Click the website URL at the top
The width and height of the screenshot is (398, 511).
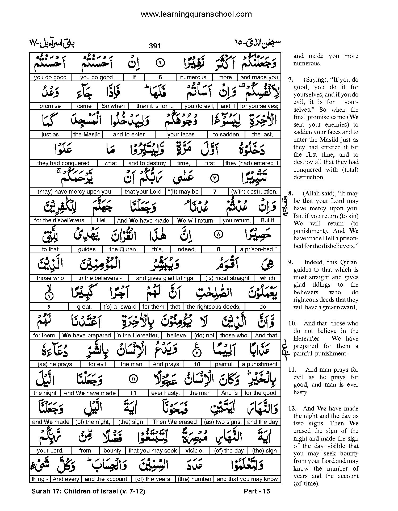(196, 14)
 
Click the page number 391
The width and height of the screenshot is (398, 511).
(154, 46)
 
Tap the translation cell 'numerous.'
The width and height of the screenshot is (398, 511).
(194, 77)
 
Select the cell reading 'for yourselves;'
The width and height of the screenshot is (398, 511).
(259, 106)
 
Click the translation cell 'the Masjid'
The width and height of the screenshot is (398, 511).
(87, 135)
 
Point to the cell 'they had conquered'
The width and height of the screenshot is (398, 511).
(63, 163)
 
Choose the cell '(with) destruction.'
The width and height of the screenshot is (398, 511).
(254, 192)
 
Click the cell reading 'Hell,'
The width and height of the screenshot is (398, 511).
(102, 220)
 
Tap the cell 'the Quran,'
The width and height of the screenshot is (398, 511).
(123, 249)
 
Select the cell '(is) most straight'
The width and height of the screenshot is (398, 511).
(227, 278)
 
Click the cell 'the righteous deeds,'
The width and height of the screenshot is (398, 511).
(213, 307)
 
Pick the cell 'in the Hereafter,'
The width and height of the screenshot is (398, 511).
(138, 336)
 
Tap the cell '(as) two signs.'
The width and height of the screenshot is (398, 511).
(223, 422)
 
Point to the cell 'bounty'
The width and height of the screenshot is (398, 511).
(112, 451)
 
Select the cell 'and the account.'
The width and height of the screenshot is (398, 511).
(107, 479)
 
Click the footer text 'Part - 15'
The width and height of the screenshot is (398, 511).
(257, 491)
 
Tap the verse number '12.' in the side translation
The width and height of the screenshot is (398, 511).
(292, 408)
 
